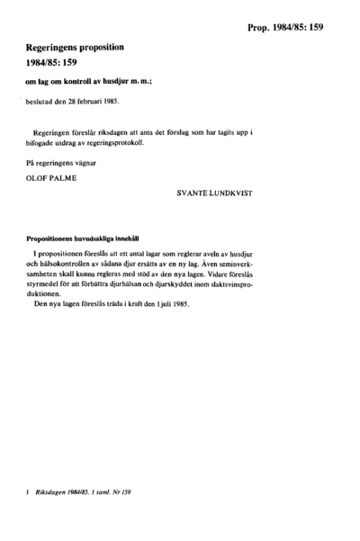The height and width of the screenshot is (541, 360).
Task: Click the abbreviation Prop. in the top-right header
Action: tap(263, 29)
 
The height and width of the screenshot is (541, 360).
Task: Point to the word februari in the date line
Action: tap(98, 103)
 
